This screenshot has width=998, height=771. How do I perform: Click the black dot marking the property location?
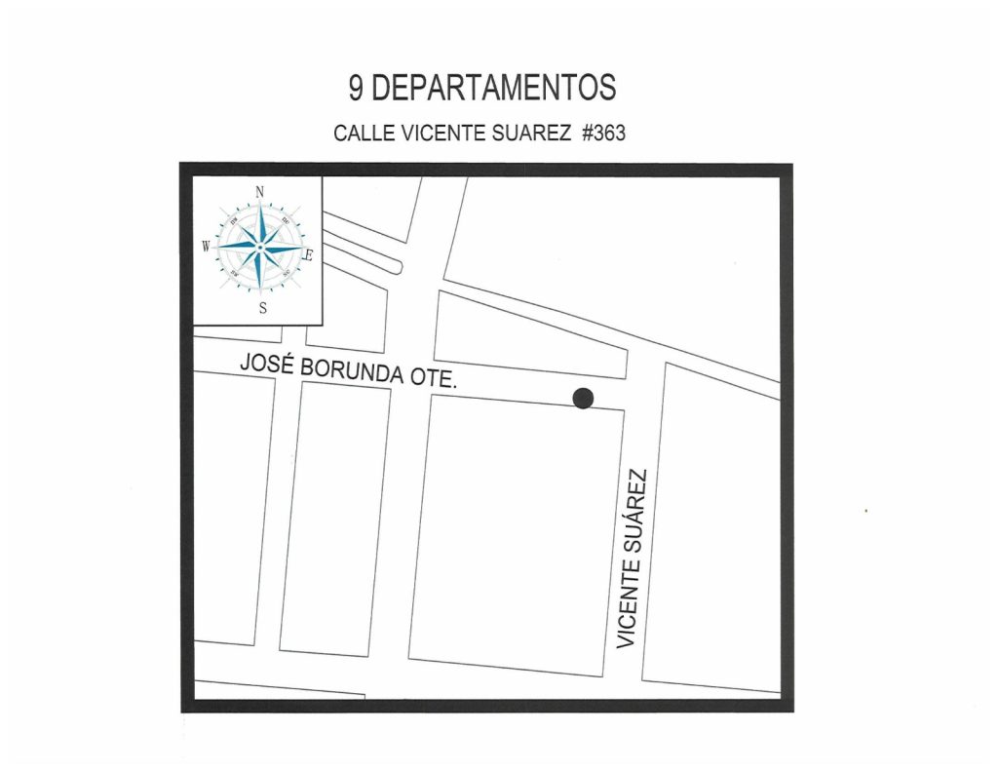583,398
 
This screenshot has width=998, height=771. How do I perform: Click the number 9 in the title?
358,89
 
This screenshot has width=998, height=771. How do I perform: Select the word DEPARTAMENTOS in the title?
494,89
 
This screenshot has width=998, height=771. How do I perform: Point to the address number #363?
603,134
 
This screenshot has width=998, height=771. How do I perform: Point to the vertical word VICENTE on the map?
629,606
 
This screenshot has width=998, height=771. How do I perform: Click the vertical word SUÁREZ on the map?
634,511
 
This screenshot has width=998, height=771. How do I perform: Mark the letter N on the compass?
260,191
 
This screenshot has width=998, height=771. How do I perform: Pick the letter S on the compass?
262,309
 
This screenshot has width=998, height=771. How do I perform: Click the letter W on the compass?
207,247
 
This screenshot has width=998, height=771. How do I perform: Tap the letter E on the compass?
309,256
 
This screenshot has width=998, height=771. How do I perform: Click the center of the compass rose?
259,248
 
